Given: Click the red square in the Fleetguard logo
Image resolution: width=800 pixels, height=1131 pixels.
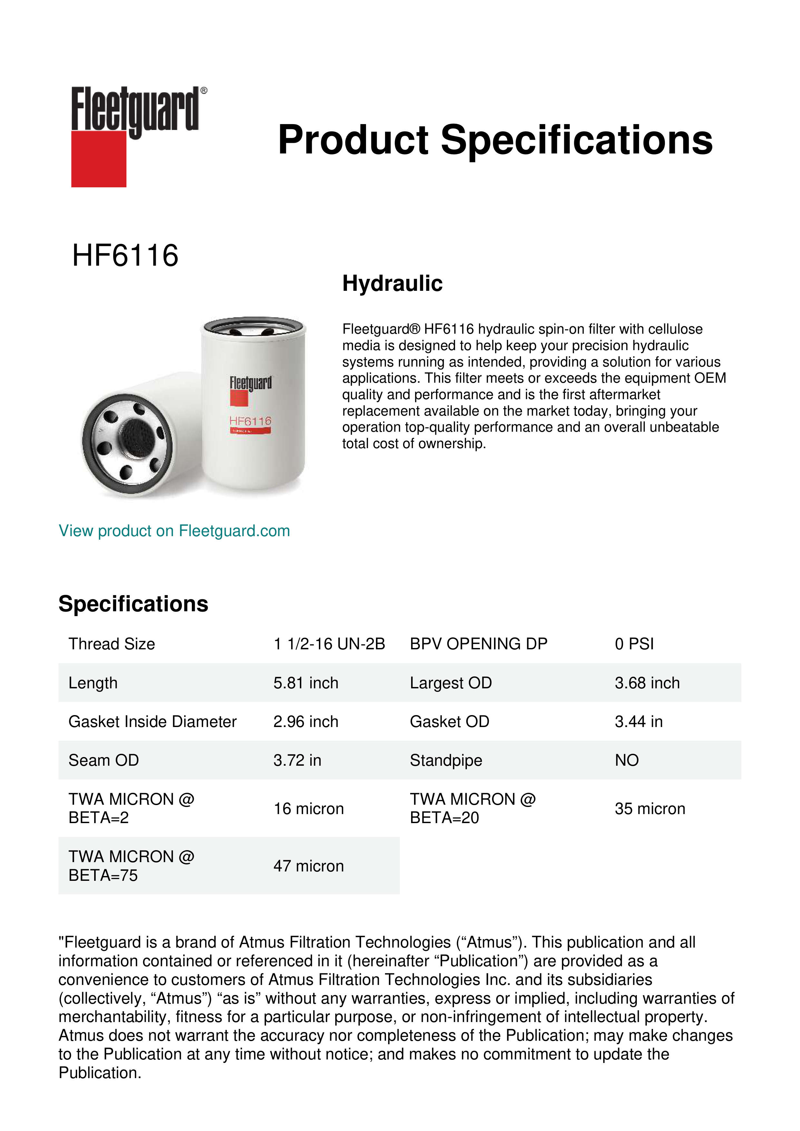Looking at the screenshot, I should (x=99, y=159).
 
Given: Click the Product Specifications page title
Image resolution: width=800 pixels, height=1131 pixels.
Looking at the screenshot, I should (x=495, y=140).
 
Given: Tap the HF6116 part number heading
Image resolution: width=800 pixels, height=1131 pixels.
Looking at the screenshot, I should (x=125, y=256).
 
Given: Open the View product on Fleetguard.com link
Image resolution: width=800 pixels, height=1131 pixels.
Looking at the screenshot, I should (x=174, y=531).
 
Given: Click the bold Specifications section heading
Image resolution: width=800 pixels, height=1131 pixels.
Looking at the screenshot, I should (x=133, y=604).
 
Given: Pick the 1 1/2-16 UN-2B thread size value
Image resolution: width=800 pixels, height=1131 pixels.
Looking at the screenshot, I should (x=329, y=644).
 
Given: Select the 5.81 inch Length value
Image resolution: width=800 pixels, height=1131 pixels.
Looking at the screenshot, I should (x=306, y=683).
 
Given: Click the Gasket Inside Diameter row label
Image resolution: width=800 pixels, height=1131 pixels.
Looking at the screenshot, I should (x=152, y=722).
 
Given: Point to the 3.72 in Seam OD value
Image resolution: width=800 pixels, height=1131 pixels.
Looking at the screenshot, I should (x=297, y=760).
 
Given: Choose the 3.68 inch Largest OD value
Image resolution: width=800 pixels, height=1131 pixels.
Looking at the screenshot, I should (x=647, y=683).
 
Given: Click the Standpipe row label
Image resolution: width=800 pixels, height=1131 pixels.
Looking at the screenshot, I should (x=446, y=760).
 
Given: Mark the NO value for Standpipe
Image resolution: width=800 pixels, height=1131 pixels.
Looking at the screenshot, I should (x=627, y=760).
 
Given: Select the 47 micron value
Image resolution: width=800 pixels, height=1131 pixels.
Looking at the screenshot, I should (x=308, y=866).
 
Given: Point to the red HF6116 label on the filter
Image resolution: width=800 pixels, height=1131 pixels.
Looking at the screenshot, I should (x=250, y=421).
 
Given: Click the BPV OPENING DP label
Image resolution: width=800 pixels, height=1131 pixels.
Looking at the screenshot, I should (x=478, y=644).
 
